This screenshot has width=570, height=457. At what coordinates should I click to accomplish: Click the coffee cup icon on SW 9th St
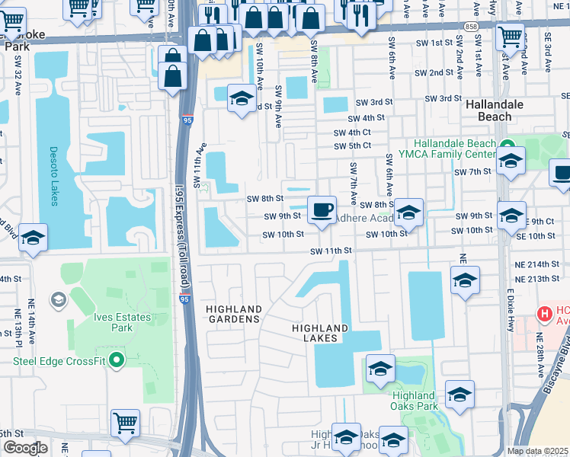(322, 208)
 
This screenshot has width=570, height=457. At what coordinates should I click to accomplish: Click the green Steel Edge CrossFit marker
(116, 360)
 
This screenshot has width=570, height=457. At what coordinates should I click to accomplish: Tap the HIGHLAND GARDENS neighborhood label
(234, 314)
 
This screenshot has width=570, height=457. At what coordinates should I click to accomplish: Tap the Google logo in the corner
(25, 448)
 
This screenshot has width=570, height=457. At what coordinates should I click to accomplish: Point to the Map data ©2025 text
(538, 451)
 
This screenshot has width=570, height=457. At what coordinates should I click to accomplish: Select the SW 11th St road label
(331, 251)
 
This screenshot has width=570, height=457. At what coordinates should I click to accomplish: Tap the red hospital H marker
(544, 313)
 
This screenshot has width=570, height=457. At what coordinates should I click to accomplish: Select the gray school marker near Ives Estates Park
(58, 300)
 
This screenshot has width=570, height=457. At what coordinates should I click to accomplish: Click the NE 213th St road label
(537, 279)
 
